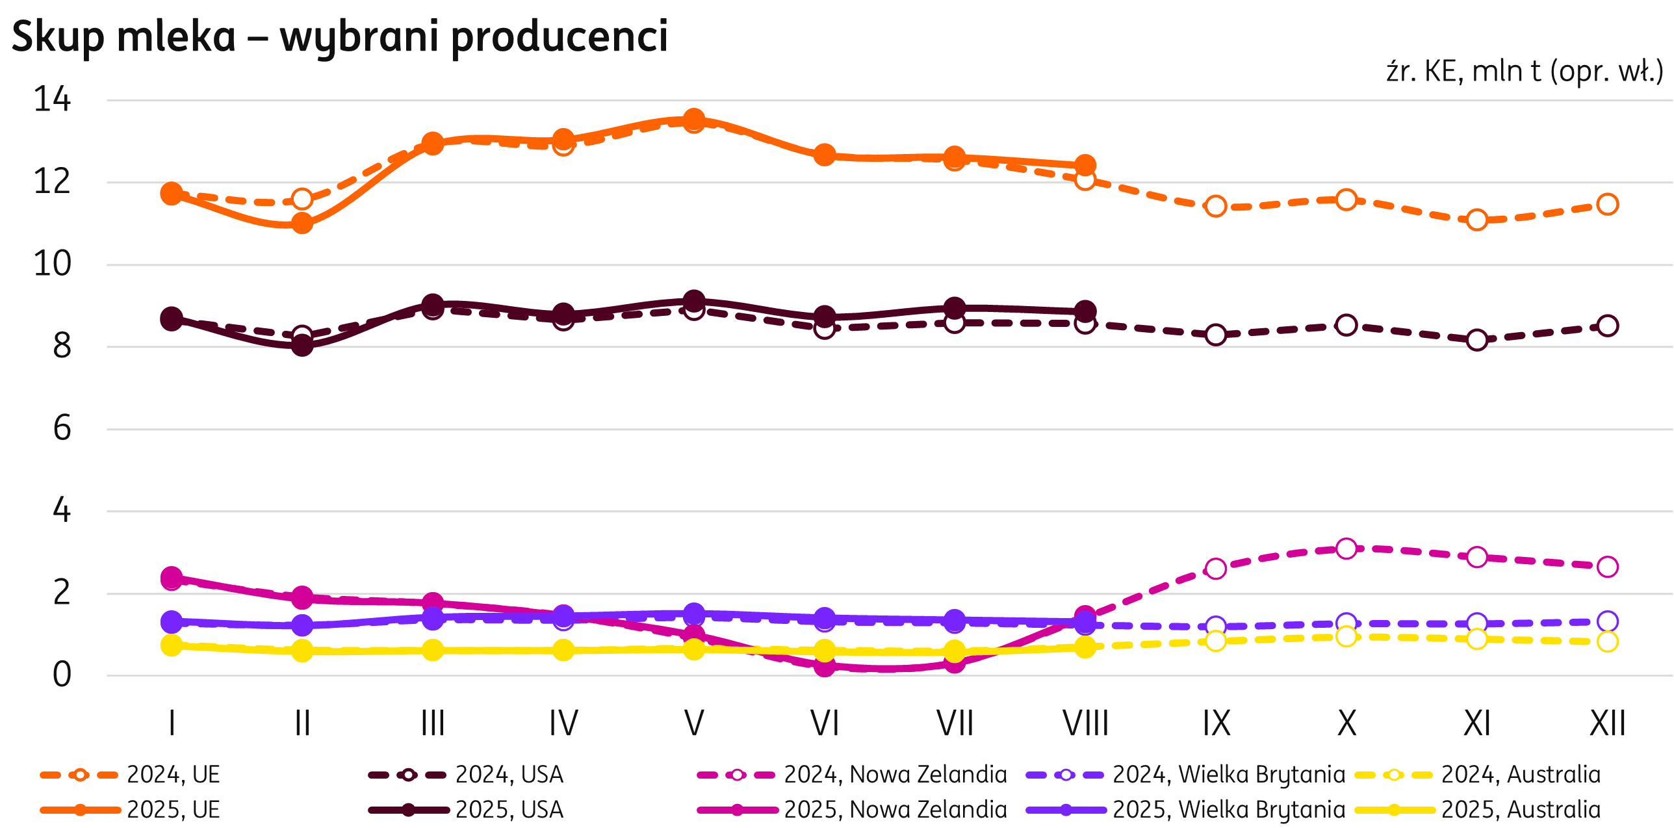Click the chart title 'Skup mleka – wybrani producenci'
(x=339, y=36)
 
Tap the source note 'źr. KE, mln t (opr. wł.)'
(x=1524, y=71)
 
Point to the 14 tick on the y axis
(x=52, y=100)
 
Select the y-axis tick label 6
(x=62, y=428)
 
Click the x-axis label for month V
(x=694, y=723)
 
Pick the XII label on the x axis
(x=1607, y=723)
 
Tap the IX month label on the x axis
(x=1216, y=723)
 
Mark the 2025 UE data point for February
(x=302, y=224)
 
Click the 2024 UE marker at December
(x=1608, y=204)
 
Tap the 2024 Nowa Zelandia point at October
(x=1346, y=549)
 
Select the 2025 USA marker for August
(x=1085, y=311)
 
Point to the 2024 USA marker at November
(x=1477, y=340)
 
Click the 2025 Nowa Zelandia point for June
(x=825, y=667)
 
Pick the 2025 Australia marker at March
(x=433, y=650)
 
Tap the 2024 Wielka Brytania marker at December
(x=1608, y=621)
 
